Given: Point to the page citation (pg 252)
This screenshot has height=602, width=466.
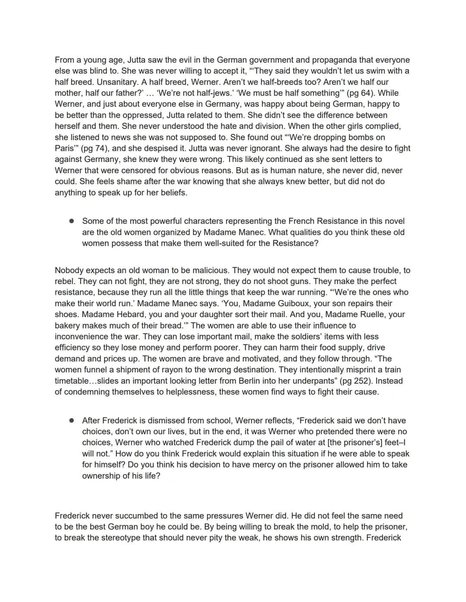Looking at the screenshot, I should click(x=356, y=381).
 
